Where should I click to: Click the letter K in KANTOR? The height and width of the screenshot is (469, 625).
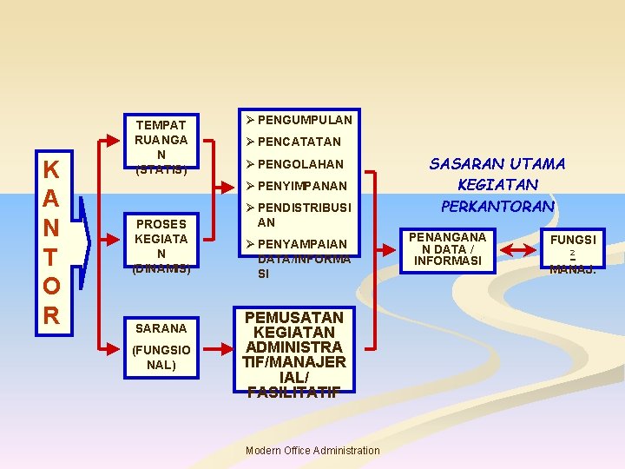tap(51, 169)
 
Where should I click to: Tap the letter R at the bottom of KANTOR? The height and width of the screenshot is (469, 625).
tap(51, 314)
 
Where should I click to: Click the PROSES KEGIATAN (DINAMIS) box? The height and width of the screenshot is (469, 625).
tap(161, 246)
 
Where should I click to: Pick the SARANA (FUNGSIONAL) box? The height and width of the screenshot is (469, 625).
tap(161, 346)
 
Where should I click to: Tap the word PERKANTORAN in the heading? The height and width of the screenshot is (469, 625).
tap(497, 206)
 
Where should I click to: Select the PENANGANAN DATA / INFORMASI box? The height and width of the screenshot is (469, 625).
tap(447, 248)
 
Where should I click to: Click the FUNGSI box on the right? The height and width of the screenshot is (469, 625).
tap(572, 250)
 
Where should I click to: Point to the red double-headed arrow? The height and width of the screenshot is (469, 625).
tap(523, 250)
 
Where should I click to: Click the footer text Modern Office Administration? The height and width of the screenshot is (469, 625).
tap(312, 450)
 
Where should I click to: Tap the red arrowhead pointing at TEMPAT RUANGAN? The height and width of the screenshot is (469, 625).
tap(117, 138)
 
